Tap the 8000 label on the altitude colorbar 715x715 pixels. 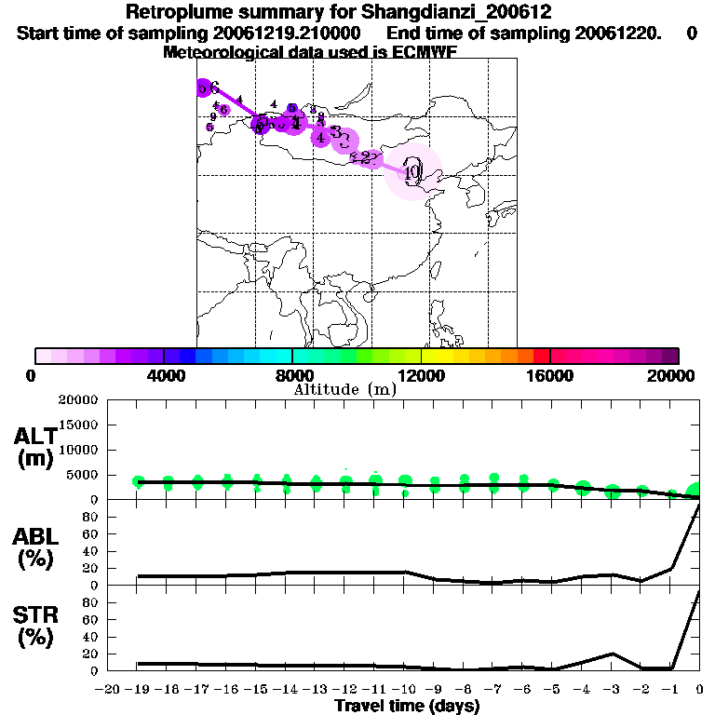[x=292, y=375]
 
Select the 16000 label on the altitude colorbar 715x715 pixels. [x=549, y=375]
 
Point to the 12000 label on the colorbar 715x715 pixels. [x=421, y=375]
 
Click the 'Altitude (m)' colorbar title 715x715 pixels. [x=345, y=389]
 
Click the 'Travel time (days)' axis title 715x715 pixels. [x=408, y=706]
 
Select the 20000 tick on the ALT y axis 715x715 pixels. [x=77, y=400]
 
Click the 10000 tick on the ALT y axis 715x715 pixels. [x=77, y=450]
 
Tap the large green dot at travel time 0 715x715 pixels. [x=695, y=492]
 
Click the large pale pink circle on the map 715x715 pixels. [x=413, y=171]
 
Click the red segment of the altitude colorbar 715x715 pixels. [x=541, y=356]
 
